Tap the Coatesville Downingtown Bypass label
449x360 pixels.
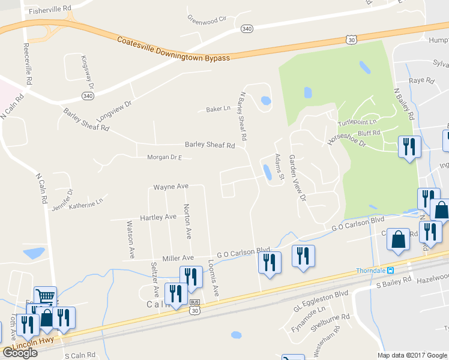click(x=173, y=49)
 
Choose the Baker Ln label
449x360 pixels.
click(x=218, y=109)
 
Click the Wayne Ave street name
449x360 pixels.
click(x=171, y=187)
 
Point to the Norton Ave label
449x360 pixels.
click(x=187, y=221)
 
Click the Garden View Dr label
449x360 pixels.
click(x=298, y=178)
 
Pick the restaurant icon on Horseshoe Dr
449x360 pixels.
click(x=409, y=147)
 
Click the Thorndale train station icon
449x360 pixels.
click(x=390, y=270)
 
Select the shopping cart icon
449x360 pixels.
click(x=45, y=296)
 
